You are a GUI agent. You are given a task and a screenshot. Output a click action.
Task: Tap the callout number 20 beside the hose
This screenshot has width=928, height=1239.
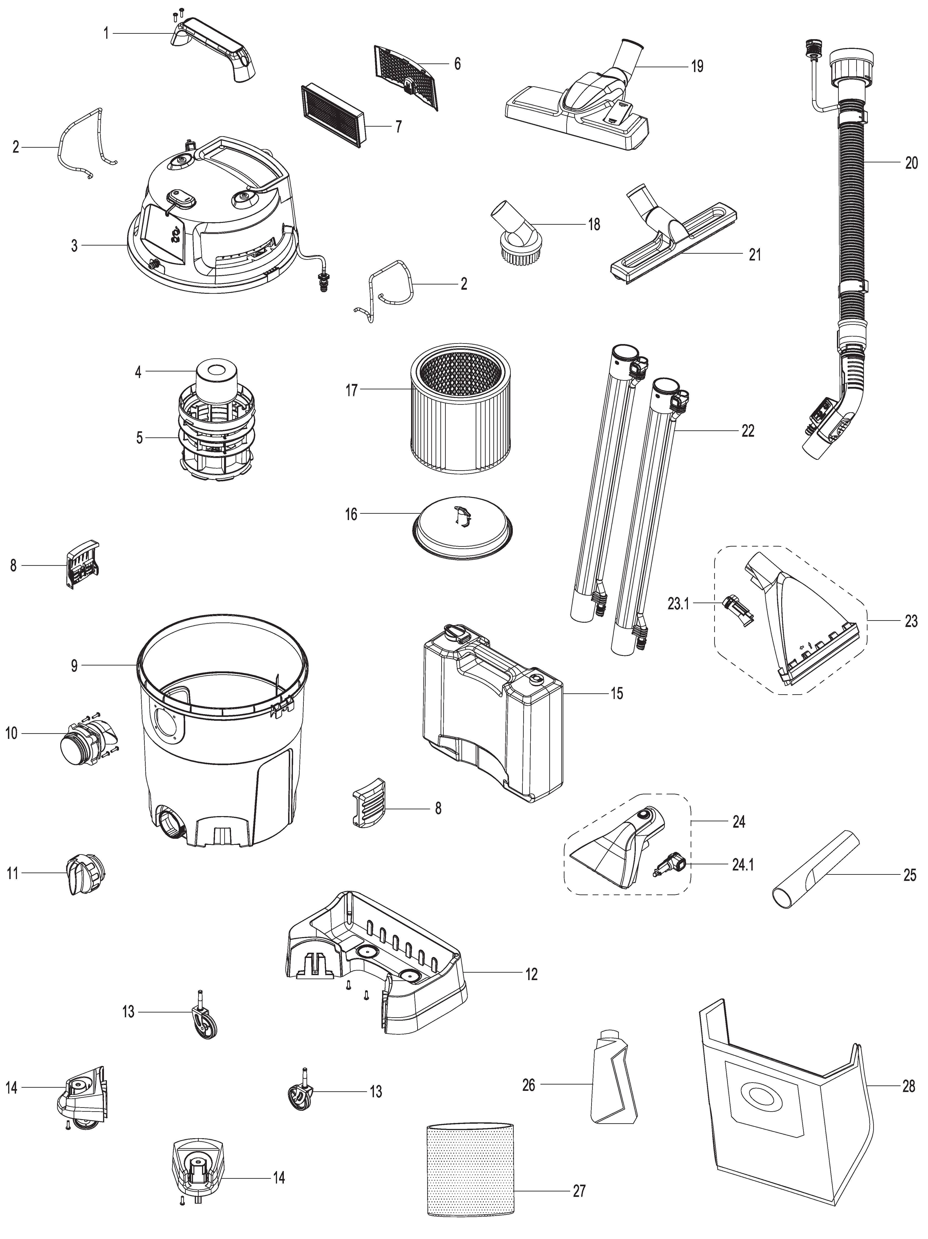tap(911, 164)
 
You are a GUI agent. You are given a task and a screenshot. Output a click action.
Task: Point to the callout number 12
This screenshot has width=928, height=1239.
tap(531, 975)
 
